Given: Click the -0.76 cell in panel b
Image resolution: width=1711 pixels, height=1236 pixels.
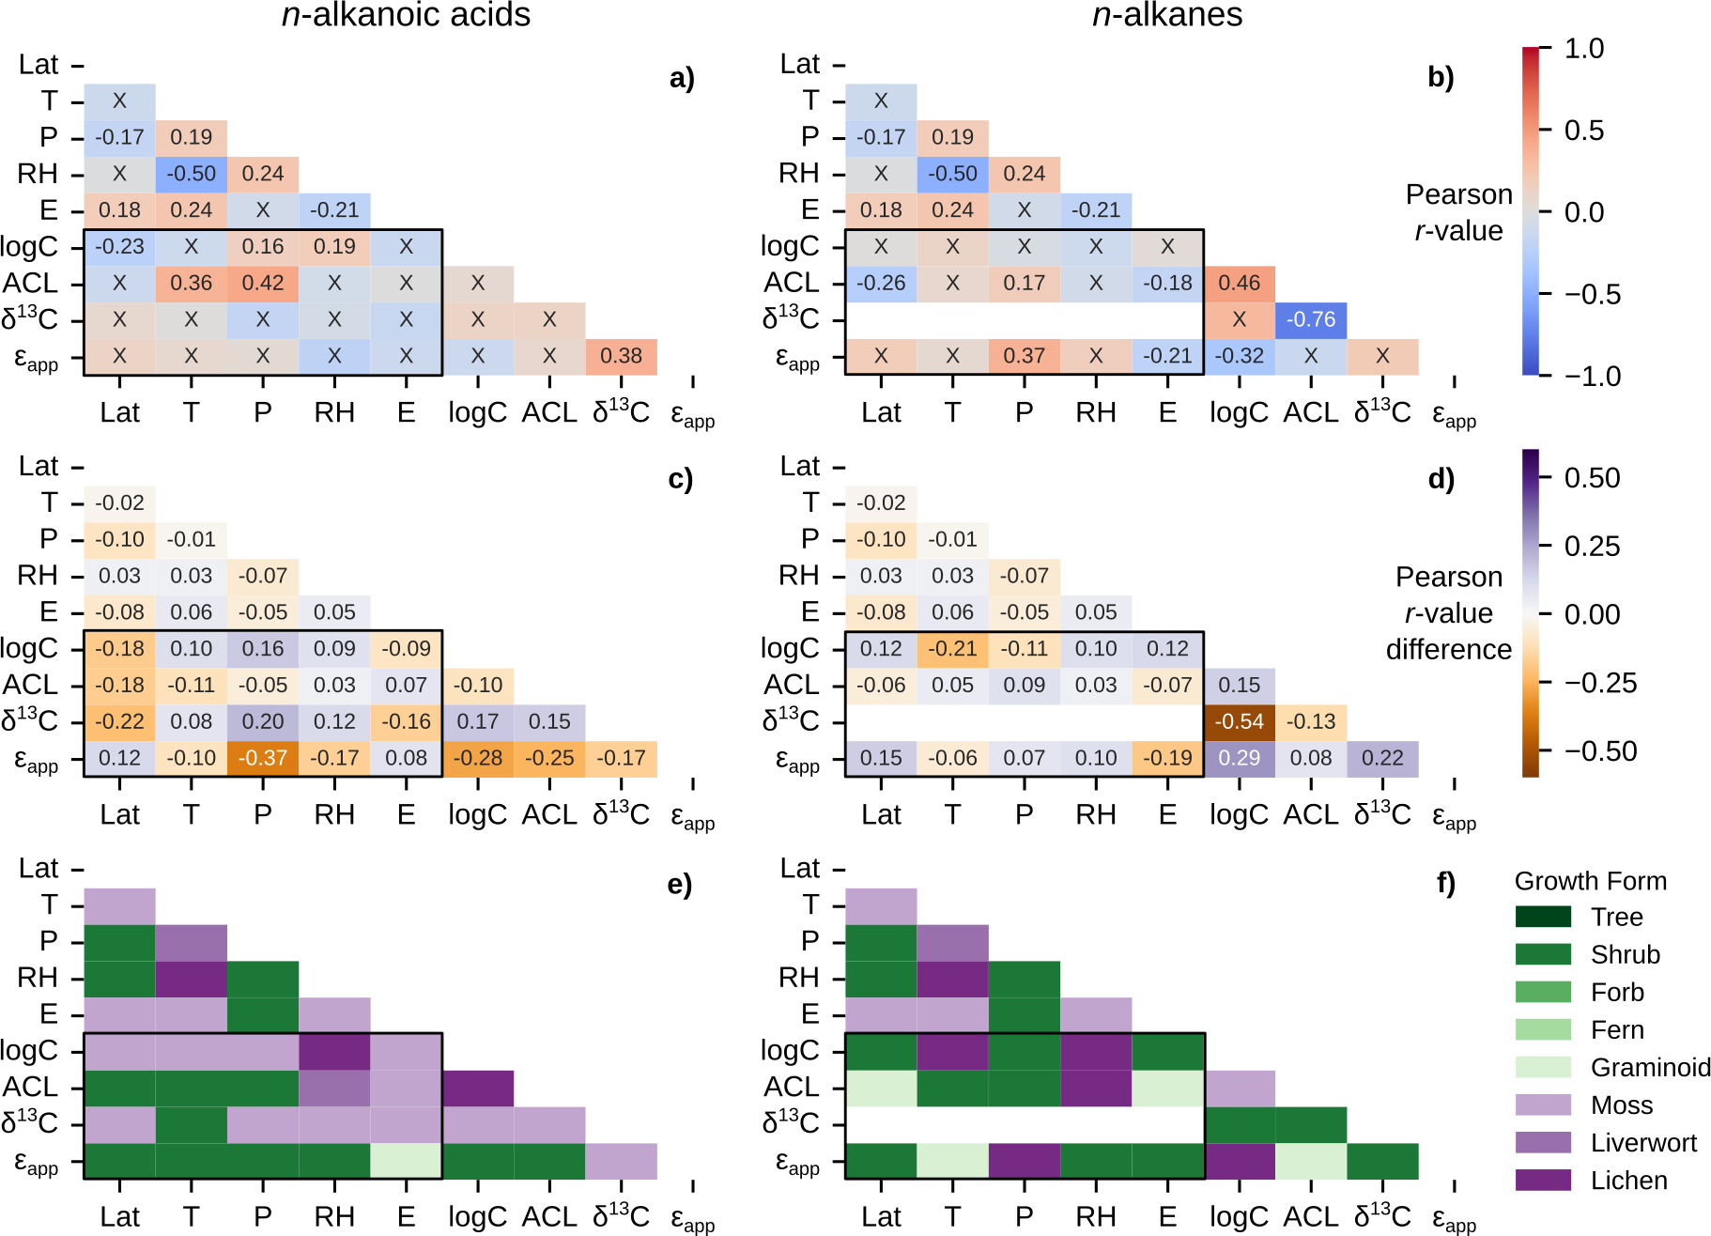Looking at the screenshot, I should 1311,319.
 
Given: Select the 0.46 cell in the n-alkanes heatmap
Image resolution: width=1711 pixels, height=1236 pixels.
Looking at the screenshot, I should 1239,283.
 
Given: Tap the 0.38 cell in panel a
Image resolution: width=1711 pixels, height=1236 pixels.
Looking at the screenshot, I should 621,356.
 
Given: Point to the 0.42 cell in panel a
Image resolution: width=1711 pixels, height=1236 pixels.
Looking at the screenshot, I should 263,283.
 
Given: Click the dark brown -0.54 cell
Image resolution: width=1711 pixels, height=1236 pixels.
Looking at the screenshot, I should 1239,721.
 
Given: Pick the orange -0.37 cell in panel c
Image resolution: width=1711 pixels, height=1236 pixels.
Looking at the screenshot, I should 263,758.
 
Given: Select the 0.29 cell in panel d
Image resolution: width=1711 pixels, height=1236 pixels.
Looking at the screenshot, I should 1239,758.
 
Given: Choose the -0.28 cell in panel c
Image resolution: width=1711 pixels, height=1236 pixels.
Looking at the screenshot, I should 478,758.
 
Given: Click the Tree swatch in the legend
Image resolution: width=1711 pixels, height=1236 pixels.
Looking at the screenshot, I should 1543,917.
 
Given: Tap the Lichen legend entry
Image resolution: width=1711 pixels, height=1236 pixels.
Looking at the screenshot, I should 1628,1181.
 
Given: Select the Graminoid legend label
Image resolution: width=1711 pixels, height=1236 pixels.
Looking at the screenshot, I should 1650,1068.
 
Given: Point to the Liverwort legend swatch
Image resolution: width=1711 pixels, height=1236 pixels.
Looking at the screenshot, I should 1543,1142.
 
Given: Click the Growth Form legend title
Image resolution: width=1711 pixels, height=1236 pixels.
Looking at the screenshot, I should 1590,881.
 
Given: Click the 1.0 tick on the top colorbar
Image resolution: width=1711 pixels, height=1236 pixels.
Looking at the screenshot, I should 1583,49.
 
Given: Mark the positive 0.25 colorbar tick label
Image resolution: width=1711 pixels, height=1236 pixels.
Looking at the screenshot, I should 1592,546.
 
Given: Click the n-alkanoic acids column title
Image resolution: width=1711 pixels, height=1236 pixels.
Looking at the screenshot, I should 406,15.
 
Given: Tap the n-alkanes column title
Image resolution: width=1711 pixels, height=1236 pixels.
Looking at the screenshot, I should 1167,15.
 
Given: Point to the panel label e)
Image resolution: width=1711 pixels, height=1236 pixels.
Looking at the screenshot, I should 679,884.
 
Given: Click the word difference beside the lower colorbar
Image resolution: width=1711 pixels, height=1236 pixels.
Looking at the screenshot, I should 1448,649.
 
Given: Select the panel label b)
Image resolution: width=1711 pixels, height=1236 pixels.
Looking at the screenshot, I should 1440,77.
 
